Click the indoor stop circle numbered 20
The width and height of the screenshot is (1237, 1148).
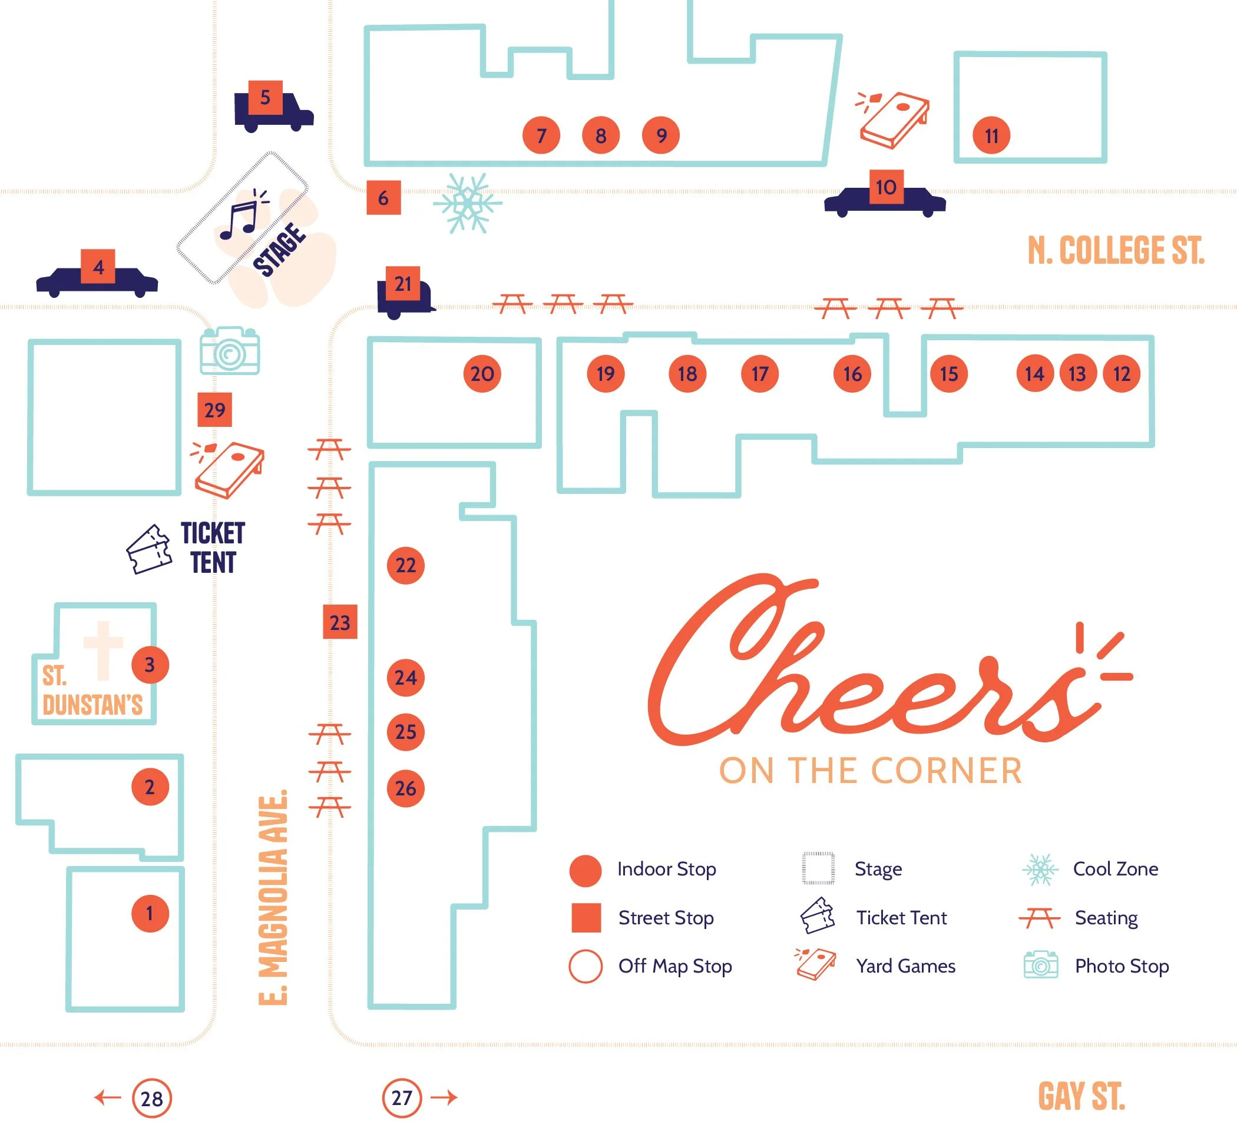(x=482, y=373)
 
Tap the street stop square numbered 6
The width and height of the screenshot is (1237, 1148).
(x=383, y=198)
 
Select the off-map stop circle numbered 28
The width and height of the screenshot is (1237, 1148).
(x=151, y=1099)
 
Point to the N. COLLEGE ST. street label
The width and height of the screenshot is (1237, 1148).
(x=1116, y=250)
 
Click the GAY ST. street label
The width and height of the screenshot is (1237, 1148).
(x=1081, y=1096)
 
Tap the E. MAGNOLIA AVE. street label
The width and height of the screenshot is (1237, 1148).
(x=273, y=897)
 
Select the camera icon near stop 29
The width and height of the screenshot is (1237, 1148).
(x=229, y=350)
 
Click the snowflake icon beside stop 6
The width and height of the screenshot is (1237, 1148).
(x=468, y=203)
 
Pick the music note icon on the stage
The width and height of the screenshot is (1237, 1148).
(x=243, y=214)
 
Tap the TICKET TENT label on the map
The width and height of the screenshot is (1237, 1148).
(x=213, y=548)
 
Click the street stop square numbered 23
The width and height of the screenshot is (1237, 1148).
(x=340, y=622)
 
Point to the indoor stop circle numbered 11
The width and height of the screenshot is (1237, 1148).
(x=991, y=135)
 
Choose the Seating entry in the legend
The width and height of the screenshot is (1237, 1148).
(x=1079, y=918)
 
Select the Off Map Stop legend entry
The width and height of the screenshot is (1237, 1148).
(x=650, y=966)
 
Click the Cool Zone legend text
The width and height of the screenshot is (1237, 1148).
(x=1116, y=868)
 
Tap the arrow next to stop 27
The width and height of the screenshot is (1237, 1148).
(x=444, y=1098)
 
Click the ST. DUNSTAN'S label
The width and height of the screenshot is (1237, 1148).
(x=92, y=690)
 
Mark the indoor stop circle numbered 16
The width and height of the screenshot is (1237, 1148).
(x=852, y=373)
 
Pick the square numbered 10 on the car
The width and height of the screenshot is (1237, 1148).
(x=886, y=187)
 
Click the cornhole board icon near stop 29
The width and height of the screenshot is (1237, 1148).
(x=227, y=469)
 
